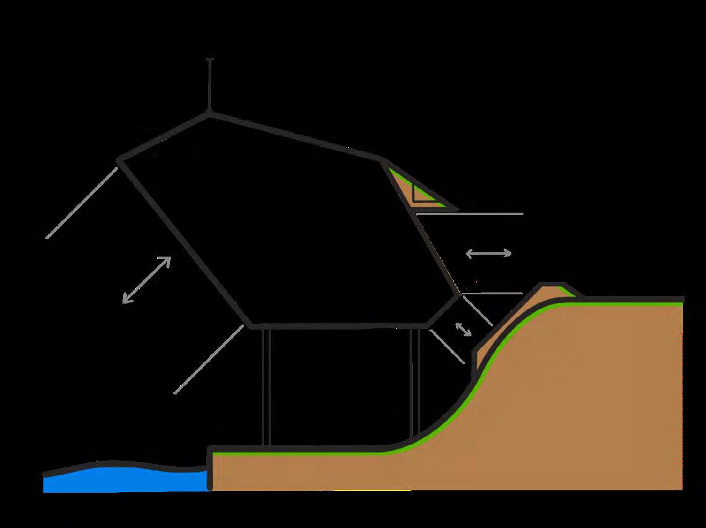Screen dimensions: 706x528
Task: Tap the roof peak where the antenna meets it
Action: pyautogui.click(x=210, y=113)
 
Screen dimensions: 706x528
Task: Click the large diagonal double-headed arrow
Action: pyautogui.click(x=147, y=280)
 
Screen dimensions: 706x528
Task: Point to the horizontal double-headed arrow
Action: pyautogui.click(x=488, y=253)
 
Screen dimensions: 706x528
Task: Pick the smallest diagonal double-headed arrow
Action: pyautogui.click(x=463, y=330)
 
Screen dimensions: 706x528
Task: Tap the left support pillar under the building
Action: pyautogui.click(x=266, y=386)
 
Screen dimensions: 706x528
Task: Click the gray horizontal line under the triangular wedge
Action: pyautogui.click(x=470, y=214)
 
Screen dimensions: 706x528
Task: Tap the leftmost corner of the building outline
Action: pyautogui.click(x=118, y=162)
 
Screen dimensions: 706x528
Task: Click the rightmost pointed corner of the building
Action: pyautogui.click(x=460, y=296)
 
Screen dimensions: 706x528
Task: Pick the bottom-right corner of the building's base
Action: pyautogui.click(x=427, y=325)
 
